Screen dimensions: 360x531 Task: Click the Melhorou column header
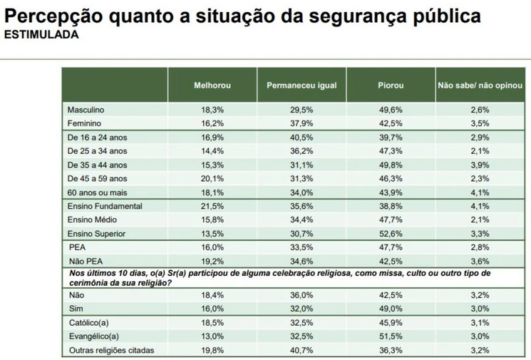[212, 86]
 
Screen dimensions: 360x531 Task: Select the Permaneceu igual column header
[301, 86]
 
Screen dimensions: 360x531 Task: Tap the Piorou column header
[391, 86]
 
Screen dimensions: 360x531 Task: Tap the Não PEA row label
[84, 261]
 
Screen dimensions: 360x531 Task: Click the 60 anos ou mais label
[97, 192]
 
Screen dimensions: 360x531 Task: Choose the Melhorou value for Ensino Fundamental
[212, 206]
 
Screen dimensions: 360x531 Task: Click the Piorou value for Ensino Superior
[391, 233]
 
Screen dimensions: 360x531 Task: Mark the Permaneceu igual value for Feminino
[301, 123]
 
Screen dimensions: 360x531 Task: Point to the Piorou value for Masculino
[391, 110]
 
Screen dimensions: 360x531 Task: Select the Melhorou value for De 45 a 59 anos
[212, 179]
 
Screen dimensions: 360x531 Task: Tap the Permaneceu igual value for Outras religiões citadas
[301, 349]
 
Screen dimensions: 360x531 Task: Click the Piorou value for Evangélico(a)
[391, 336]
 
